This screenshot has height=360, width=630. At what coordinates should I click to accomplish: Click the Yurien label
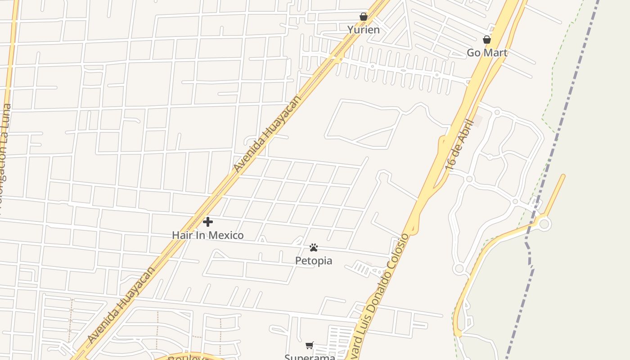tap(363, 30)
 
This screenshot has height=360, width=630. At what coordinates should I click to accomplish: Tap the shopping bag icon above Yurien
tap(364, 17)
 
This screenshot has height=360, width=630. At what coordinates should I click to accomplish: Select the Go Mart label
tap(487, 53)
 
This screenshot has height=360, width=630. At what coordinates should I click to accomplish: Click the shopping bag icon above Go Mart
tap(486, 40)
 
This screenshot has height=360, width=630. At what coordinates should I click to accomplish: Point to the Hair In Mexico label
tap(208, 235)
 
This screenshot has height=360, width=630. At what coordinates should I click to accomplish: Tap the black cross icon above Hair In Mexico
tap(208, 222)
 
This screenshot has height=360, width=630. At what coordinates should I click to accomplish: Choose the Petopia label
tap(314, 261)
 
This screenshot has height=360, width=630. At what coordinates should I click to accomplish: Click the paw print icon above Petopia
tap(314, 247)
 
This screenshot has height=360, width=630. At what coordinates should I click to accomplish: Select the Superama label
tap(310, 357)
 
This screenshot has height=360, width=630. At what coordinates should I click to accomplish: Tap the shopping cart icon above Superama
tap(310, 346)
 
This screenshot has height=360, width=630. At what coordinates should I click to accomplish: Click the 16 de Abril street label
tap(459, 145)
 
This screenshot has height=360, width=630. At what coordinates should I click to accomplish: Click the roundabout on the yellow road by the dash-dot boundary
tap(544, 223)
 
